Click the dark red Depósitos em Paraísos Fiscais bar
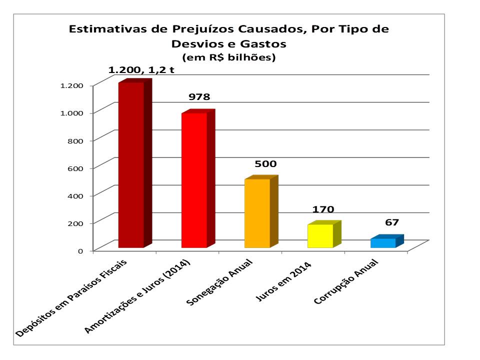point(131,165)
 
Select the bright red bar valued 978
point(194,180)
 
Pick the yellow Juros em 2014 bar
point(320,236)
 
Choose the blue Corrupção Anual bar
point(383,243)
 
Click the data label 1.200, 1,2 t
point(141,70)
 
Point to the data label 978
point(198,97)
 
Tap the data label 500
point(265,163)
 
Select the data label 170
point(324,209)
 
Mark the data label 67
point(391,222)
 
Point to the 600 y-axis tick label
point(75,167)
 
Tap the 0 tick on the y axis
point(80,250)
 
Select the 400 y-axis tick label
point(75,195)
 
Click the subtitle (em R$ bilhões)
point(229,58)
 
